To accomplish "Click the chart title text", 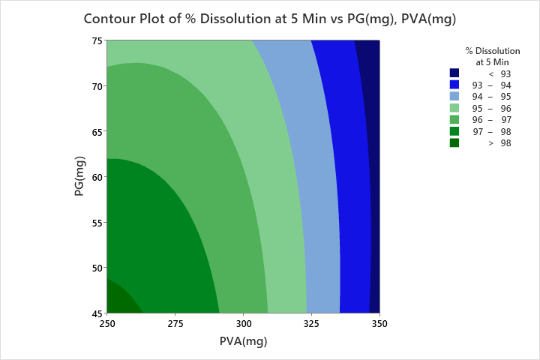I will click(270, 18).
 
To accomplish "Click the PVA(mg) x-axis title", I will click(243, 341).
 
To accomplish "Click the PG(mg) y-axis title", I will click(79, 177).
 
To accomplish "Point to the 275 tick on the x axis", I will click(175, 323).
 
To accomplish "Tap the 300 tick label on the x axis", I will click(243, 323).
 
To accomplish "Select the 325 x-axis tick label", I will click(311, 323).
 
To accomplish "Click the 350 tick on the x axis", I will click(379, 323).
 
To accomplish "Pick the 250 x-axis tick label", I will click(106, 323).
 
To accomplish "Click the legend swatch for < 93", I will click(454, 73).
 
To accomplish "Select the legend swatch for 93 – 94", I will click(454, 85).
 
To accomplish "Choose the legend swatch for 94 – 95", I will click(454, 97).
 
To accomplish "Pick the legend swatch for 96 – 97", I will click(454, 120).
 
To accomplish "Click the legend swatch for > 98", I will click(454, 143).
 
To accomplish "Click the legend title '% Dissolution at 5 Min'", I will click(493, 56).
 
